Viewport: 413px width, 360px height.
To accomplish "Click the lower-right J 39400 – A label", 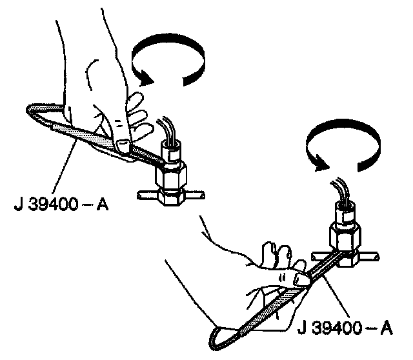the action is [345, 328].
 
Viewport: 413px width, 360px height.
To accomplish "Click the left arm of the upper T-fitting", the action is [146, 194].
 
